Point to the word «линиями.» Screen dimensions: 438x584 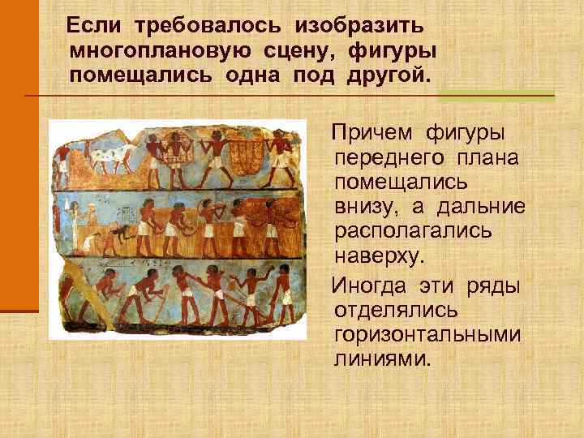point(379,358)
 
